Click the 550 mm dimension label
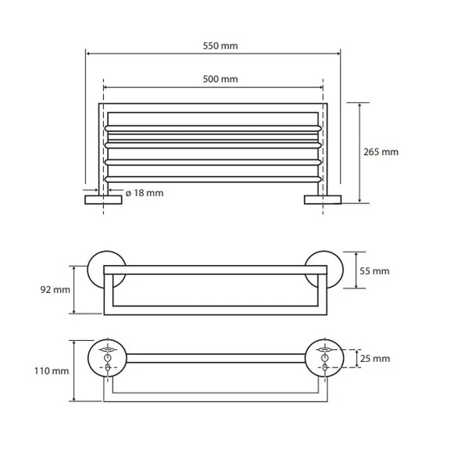220,46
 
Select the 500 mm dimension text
220,79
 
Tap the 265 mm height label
381,152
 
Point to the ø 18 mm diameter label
145,193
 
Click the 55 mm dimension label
374,271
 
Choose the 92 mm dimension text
55,290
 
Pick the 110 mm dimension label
52,371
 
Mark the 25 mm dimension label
375,359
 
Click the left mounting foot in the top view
103,200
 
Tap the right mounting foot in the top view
323,200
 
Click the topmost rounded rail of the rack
213,128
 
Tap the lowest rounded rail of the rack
213,179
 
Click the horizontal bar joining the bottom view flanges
216,359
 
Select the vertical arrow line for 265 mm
360,152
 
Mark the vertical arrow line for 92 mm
74,290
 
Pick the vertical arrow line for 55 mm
356,270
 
